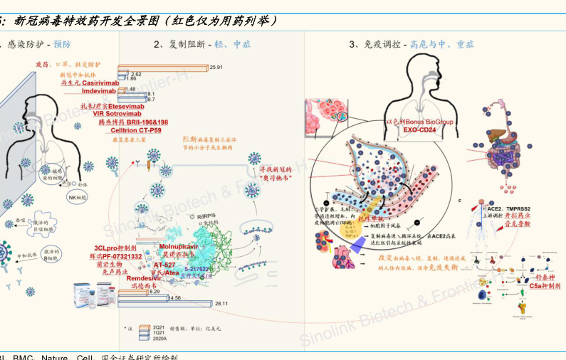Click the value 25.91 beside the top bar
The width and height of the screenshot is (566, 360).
(x=216, y=67)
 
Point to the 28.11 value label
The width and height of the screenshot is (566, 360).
(x=222, y=304)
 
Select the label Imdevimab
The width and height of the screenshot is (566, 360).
(x=99, y=91)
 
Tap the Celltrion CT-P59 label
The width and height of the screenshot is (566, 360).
(x=136, y=130)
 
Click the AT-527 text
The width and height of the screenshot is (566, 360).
(x=164, y=264)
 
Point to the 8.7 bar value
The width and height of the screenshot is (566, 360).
(x=151, y=100)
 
